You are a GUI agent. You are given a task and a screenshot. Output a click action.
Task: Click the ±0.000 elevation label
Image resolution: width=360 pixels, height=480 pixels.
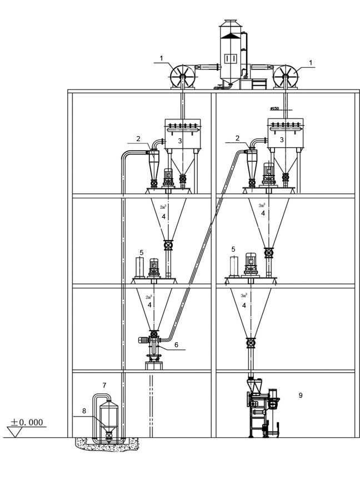26,422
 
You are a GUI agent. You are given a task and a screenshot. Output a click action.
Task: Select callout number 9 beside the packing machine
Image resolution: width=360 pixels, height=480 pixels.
300,396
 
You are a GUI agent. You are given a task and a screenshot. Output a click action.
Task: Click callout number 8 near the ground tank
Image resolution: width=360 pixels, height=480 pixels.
85,412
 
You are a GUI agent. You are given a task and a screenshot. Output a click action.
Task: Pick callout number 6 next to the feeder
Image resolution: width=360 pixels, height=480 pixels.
176,345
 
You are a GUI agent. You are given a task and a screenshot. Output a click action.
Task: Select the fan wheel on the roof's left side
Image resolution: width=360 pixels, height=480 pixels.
183,76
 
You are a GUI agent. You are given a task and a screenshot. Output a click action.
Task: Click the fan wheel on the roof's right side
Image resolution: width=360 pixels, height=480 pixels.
286,76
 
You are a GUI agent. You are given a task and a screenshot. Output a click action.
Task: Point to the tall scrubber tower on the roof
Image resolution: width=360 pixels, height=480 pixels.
229,53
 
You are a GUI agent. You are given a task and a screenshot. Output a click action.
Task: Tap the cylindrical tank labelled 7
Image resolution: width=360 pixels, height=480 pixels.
108,419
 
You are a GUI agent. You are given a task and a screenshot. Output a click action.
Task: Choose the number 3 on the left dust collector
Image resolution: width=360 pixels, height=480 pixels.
180,141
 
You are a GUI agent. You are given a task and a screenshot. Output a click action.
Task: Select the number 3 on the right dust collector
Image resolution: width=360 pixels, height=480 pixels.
282,141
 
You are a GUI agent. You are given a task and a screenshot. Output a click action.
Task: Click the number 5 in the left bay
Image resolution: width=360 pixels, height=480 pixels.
142,252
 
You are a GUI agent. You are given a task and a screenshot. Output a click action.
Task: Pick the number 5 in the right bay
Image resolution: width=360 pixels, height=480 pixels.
233,249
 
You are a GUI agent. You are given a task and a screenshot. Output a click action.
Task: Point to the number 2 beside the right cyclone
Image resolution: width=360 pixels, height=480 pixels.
237,138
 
